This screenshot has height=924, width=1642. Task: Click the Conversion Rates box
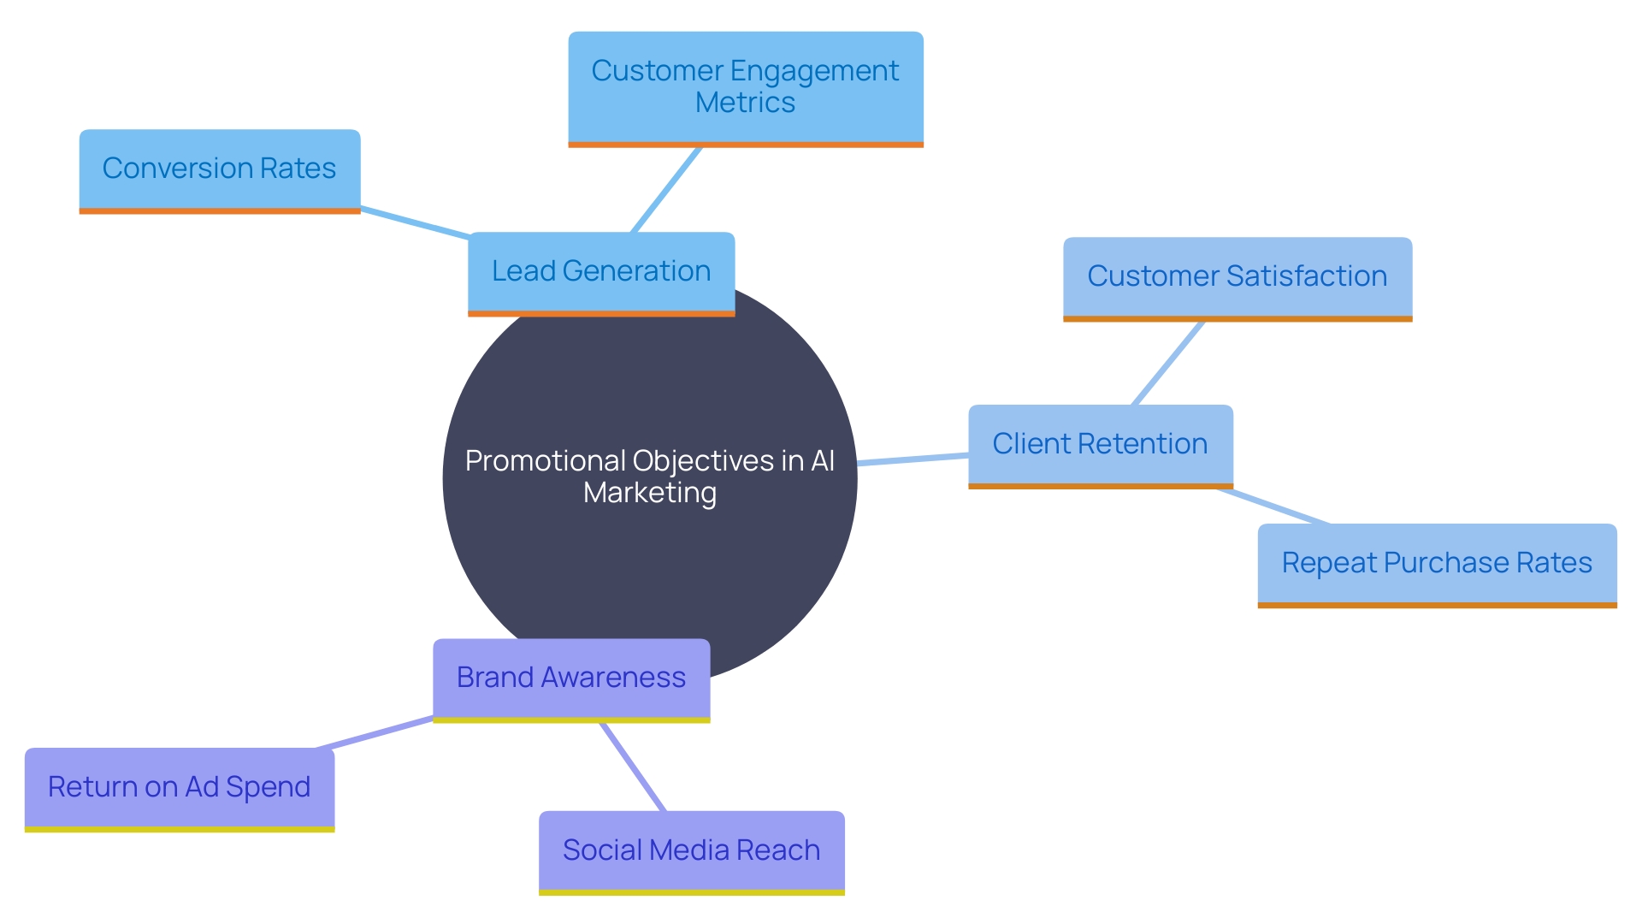tap(219, 169)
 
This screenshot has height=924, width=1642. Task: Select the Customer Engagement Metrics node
tap(745, 87)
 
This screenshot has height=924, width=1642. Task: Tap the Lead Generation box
tap(600, 272)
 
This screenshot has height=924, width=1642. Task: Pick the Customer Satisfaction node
tap(1237, 277)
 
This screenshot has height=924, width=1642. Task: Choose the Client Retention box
tap(1100, 445)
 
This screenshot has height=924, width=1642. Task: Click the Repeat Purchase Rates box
tap(1437, 564)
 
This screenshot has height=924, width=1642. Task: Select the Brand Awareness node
tap(570, 678)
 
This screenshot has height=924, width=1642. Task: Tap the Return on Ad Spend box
tap(179, 787)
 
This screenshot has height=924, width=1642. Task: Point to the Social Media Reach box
tap(691, 850)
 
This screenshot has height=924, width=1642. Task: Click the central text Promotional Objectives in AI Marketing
tap(649, 477)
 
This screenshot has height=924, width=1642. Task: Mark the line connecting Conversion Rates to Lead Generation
tap(415, 222)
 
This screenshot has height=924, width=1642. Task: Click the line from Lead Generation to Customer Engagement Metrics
tap(666, 189)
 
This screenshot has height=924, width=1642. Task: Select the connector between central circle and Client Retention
tap(913, 459)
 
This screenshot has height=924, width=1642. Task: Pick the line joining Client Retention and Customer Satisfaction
tap(1167, 364)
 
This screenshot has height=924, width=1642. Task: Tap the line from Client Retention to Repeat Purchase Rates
tap(1273, 506)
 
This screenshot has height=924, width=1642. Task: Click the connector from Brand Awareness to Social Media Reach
tap(633, 767)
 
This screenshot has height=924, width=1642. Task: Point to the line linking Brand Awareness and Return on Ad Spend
tap(375, 733)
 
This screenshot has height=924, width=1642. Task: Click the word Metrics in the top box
tap(745, 104)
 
